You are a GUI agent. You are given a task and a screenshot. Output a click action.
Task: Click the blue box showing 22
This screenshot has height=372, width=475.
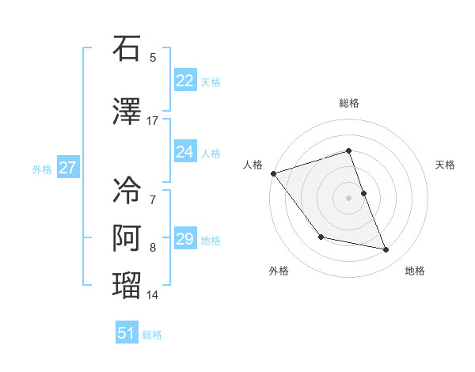click(185, 81)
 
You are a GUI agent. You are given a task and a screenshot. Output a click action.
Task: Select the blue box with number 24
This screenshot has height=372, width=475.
click(185, 151)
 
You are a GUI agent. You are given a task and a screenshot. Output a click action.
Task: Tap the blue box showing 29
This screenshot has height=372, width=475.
click(185, 239)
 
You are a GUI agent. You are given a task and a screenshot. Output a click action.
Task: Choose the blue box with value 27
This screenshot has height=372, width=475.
click(68, 167)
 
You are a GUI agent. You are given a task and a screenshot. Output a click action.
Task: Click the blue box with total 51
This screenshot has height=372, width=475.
click(127, 333)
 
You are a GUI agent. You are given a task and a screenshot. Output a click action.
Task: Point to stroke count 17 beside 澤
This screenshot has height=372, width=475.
click(153, 121)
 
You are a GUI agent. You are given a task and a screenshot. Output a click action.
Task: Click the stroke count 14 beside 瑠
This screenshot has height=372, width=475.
click(153, 295)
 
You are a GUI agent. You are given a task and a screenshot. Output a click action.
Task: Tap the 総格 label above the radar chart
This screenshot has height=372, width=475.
click(349, 104)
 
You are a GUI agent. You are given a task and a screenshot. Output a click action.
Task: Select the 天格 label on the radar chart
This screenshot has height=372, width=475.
click(446, 165)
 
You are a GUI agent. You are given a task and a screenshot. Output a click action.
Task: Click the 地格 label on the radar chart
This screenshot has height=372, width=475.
click(415, 271)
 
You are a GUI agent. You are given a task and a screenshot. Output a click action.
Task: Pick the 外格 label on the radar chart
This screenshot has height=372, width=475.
click(279, 271)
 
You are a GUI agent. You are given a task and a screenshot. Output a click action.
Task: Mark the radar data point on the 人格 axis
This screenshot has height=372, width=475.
click(273, 173)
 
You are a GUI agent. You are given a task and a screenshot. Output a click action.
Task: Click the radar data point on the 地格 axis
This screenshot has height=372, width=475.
click(386, 250)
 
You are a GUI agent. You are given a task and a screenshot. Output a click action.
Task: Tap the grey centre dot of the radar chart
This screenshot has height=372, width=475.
click(349, 197)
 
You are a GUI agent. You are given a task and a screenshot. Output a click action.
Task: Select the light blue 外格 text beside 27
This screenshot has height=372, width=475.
click(42, 169)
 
